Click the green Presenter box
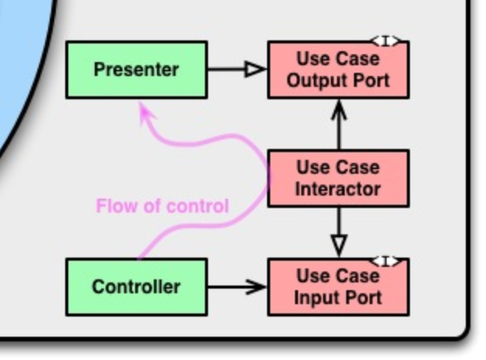click(x=136, y=70)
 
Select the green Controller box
click(x=136, y=286)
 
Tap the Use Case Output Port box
click(x=338, y=70)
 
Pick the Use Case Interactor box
click(x=338, y=178)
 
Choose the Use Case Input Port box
click(x=338, y=286)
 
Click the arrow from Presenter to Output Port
click(x=233, y=70)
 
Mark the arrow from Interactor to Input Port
click(x=338, y=229)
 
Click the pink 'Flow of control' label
click(x=162, y=206)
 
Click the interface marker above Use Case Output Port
click(x=387, y=41)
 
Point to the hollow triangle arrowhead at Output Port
click(x=255, y=70)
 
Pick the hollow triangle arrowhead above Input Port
click(x=338, y=245)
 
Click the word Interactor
click(x=338, y=189)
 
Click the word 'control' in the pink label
click(x=203, y=206)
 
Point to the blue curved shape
click(x=16, y=78)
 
